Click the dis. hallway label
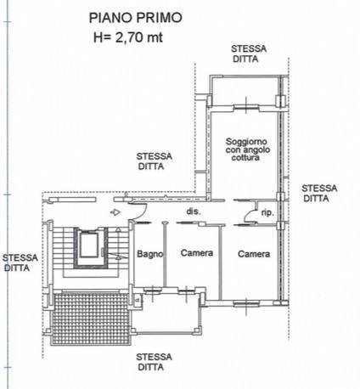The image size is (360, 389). click(193, 211)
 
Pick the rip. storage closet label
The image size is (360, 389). click(267, 212)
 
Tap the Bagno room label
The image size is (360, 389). click(149, 253)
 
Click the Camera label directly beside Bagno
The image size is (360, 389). click(196, 253)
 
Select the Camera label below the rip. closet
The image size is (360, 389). click(254, 253)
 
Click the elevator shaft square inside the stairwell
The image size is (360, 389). click(87, 245)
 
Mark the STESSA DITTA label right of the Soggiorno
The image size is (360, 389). click(319, 193)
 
